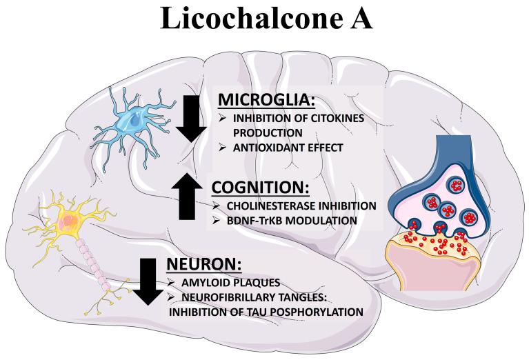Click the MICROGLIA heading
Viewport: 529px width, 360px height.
click(266, 101)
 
